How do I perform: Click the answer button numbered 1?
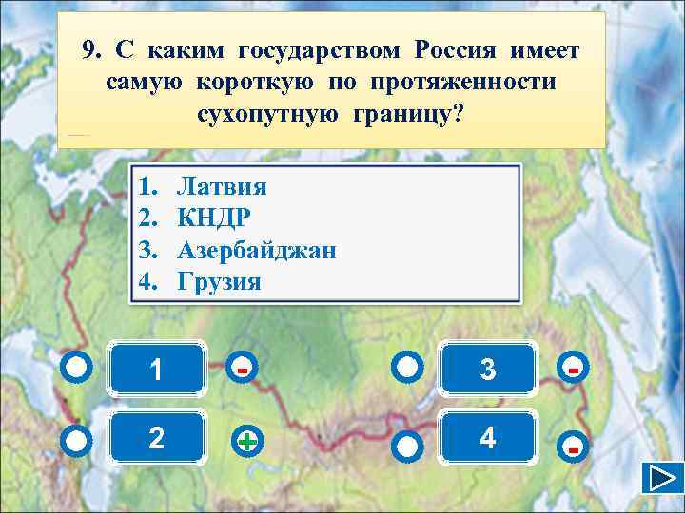click(156, 369)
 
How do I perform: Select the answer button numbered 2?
click(156, 437)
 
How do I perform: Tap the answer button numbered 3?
click(487, 369)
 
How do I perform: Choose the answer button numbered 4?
click(487, 437)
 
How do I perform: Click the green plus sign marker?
click(245, 442)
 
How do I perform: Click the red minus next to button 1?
click(245, 367)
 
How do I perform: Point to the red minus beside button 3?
click(573, 367)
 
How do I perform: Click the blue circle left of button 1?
click(79, 368)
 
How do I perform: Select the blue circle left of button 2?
click(79, 440)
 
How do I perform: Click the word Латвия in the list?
click(222, 183)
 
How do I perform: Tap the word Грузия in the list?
click(219, 282)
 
